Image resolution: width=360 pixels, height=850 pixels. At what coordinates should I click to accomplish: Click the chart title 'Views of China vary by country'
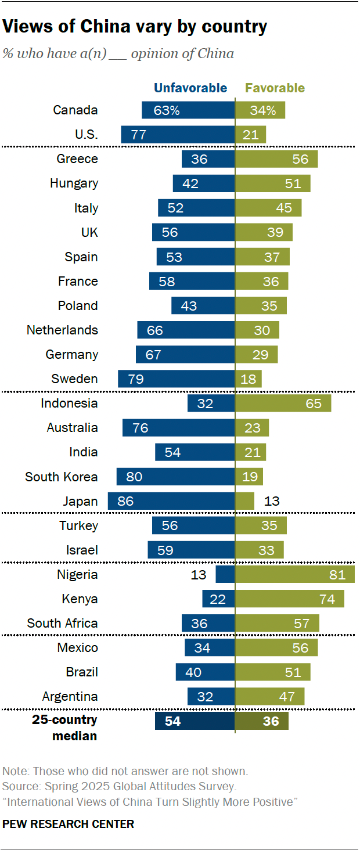point(135,27)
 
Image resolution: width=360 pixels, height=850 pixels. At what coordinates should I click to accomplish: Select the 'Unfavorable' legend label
point(190,88)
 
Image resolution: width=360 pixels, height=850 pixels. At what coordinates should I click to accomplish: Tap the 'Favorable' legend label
point(275,88)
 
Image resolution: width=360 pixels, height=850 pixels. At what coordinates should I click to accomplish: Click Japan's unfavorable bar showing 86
point(171,501)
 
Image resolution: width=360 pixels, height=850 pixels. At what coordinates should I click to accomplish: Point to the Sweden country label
point(74,379)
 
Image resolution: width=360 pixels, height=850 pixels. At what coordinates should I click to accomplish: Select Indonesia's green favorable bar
point(283,404)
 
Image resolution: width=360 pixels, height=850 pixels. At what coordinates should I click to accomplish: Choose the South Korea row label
point(61,477)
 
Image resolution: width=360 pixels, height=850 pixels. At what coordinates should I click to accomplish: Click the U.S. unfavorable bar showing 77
point(178,135)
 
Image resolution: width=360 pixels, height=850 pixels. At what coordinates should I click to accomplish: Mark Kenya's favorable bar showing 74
point(289,599)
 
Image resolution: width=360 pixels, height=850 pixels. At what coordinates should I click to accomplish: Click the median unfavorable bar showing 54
point(195,721)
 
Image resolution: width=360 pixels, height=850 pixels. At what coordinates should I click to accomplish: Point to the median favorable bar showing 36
point(261,721)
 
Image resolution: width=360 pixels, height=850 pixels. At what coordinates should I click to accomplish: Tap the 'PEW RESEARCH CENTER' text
point(69,824)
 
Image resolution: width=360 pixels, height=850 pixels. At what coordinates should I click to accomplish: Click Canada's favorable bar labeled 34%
point(260,110)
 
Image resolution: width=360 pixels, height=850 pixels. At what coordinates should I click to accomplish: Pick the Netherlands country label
point(62,330)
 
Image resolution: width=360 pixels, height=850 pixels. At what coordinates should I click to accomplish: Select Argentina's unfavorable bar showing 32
point(211,697)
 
